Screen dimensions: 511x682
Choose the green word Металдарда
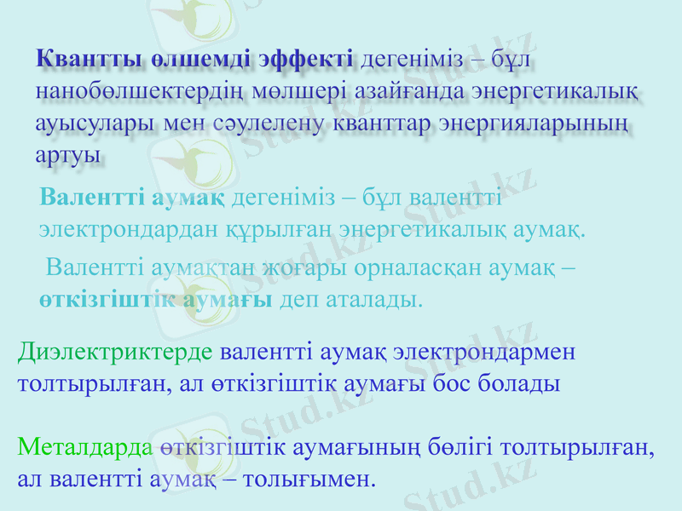point(85,446)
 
